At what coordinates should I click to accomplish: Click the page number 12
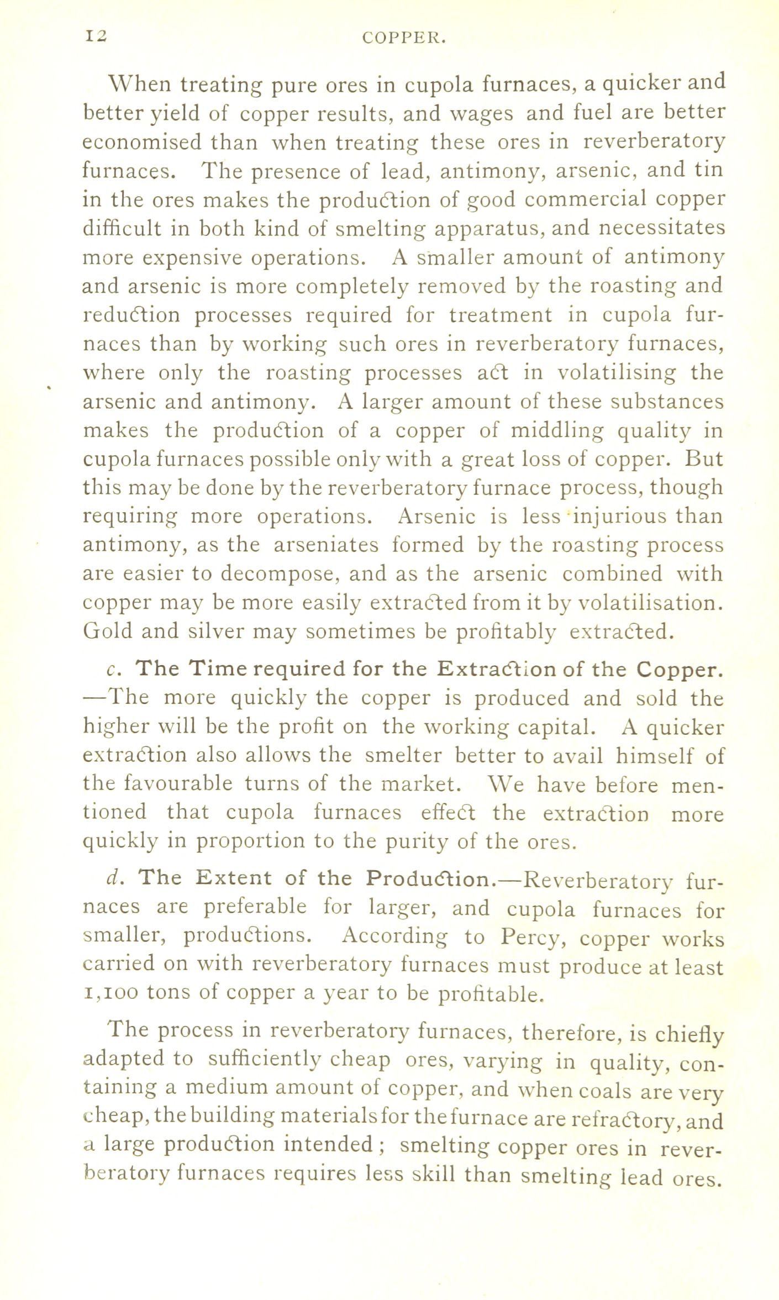[x=96, y=36]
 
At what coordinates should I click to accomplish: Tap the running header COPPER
[x=404, y=38]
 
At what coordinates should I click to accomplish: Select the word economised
[x=142, y=143]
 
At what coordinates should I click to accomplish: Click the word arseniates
[x=326, y=545]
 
